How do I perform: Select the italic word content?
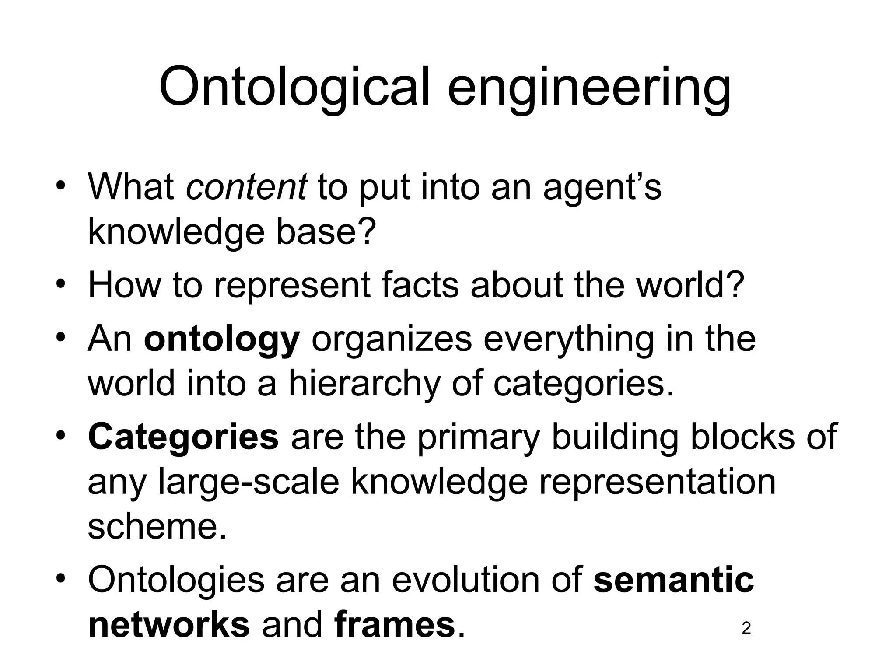click(247, 187)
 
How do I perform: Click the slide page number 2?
click(747, 629)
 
